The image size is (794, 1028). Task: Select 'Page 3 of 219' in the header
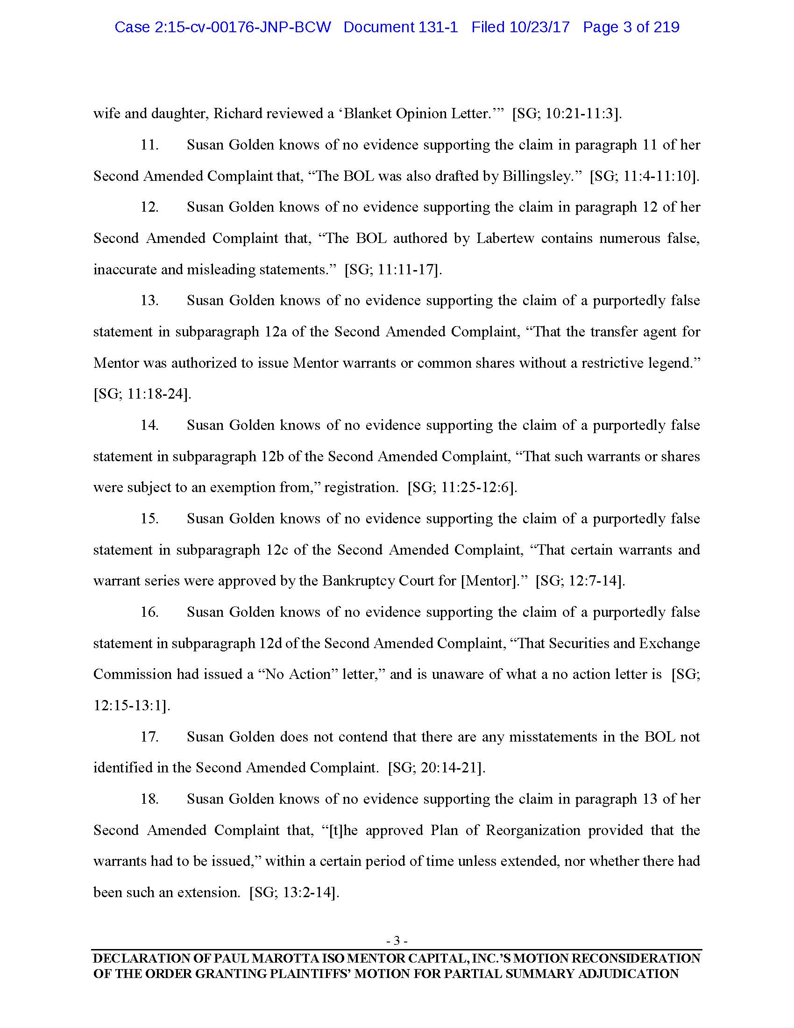pyautogui.click(x=631, y=27)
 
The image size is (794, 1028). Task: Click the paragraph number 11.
pyautogui.click(x=149, y=145)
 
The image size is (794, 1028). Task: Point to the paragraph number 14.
pyautogui.click(x=149, y=426)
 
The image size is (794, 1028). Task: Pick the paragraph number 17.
pyautogui.click(x=149, y=736)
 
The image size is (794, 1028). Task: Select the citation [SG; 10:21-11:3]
pyautogui.click(x=567, y=114)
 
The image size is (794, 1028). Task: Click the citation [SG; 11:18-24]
pyautogui.click(x=142, y=394)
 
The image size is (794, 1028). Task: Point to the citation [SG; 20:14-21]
pyautogui.click(x=436, y=768)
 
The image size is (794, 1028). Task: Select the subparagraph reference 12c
pyautogui.click(x=278, y=550)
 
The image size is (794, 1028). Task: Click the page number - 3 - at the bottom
pyautogui.click(x=397, y=941)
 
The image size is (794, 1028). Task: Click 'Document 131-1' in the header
pyautogui.click(x=400, y=27)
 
